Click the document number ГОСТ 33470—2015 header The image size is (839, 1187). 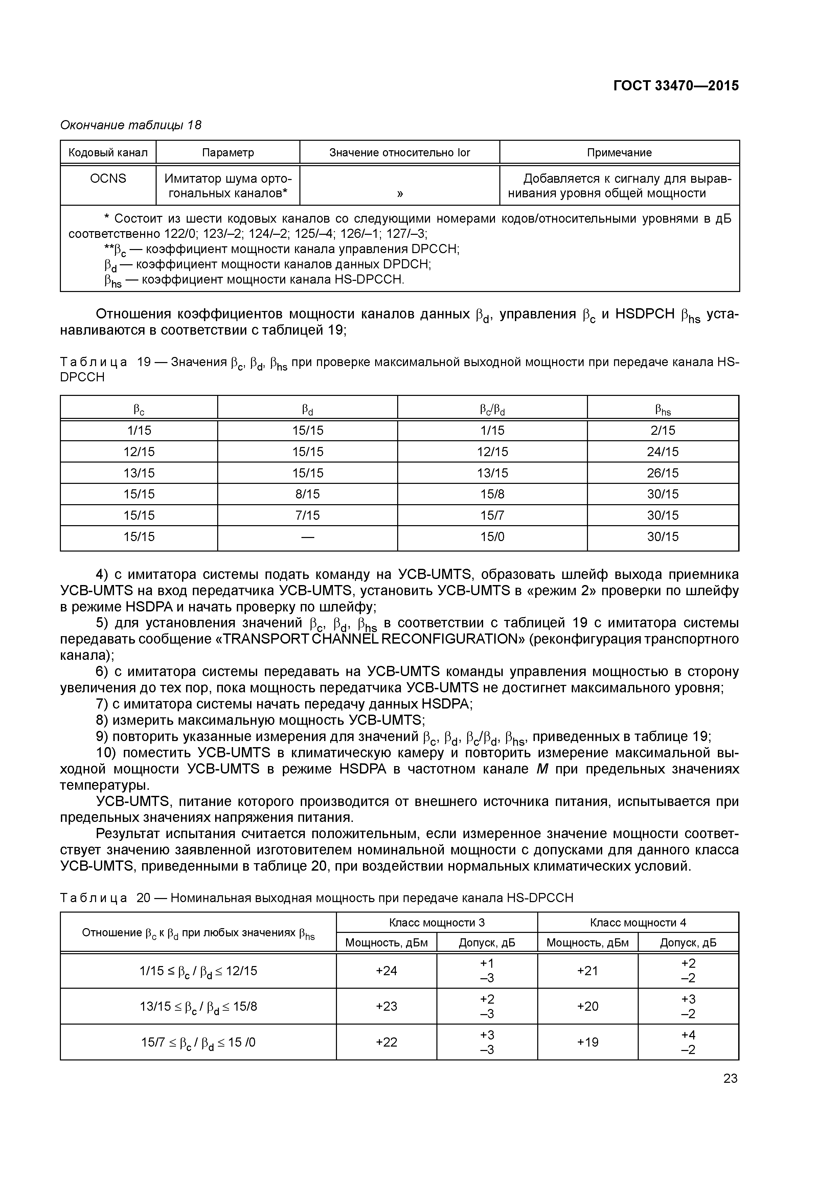[x=676, y=86]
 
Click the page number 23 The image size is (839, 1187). [x=730, y=1078]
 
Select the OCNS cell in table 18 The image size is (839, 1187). [x=108, y=178]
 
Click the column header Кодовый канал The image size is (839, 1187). [x=108, y=153]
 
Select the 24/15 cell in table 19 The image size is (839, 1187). [x=663, y=452]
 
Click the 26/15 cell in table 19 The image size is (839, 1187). [x=663, y=473]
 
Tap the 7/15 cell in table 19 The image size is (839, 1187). [x=307, y=515]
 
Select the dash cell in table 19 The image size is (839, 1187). [x=307, y=537]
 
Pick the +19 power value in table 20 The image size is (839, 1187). [x=587, y=1042]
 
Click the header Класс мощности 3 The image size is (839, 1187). [x=436, y=923]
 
